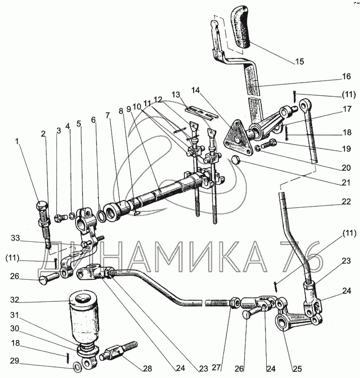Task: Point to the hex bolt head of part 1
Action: pos(42,207)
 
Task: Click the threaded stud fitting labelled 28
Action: pos(118,350)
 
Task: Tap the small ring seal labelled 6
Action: pos(102,215)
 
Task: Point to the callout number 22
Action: pos(346,201)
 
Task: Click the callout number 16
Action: pos(346,77)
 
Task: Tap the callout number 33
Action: pos(15,238)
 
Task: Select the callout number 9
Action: pos(129,109)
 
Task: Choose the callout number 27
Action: pos(216,367)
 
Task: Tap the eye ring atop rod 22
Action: pos(305,105)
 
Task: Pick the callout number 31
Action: pos(15,314)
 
